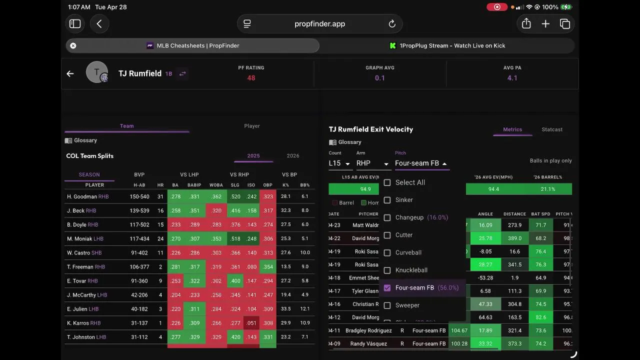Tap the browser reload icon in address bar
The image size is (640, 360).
(x=392, y=24)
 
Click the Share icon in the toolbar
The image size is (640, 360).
(x=526, y=24)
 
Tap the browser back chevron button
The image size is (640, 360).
(x=99, y=24)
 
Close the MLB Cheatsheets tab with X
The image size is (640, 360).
(x=73, y=45)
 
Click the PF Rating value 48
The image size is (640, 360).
(x=251, y=78)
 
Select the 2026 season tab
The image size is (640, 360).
(x=293, y=156)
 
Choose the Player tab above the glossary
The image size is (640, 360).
(x=252, y=126)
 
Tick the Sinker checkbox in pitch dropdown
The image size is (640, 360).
(x=387, y=200)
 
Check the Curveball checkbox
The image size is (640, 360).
(x=387, y=252)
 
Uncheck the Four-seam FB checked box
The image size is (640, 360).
(x=387, y=288)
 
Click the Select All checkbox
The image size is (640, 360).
(x=387, y=182)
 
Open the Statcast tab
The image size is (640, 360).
(x=552, y=129)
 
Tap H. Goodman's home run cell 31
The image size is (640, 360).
(x=160, y=197)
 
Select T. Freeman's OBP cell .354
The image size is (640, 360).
(x=268, y=267)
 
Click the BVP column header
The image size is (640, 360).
(x=139, y=174)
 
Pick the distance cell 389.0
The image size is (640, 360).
(x=515, y=238)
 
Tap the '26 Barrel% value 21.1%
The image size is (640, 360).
(x=547, y=189)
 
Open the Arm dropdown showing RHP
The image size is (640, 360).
(x=372, y=163)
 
